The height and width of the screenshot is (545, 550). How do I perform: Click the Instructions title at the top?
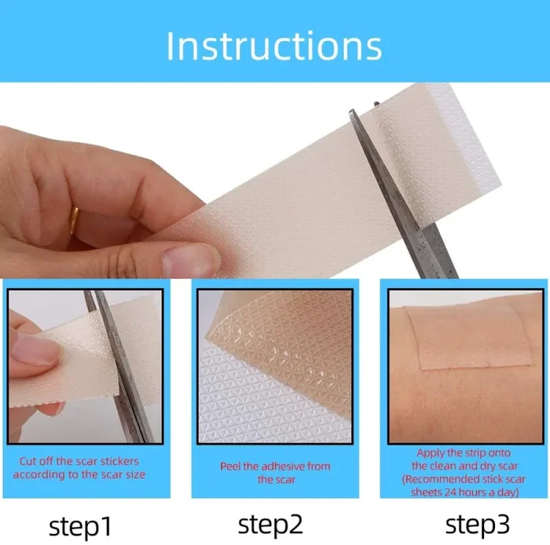coord(274,46)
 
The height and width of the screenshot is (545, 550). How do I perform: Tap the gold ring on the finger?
coord(75,219)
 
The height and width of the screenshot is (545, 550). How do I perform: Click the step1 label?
coord(80,526)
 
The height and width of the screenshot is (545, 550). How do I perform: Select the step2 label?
coord(270,525)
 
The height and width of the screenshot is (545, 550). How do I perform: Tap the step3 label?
coord(478,525)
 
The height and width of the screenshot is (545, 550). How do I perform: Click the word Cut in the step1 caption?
coord(27,461)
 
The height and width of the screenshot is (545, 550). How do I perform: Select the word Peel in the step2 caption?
coord(230,466)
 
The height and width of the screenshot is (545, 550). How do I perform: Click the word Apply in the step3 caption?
coord(429,453)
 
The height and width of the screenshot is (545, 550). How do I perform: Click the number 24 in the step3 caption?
coord(450,492)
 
